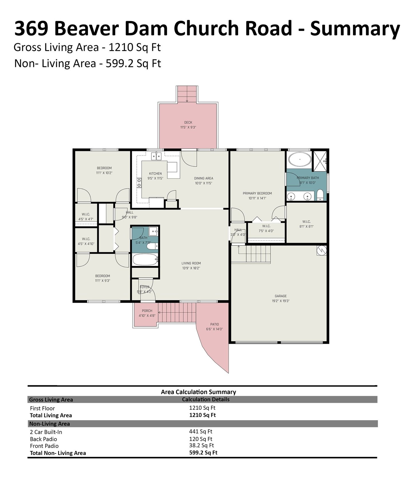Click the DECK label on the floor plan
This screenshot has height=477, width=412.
coord(188,123)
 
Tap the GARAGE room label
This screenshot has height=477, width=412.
coord(281,296)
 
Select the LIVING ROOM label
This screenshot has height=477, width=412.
coord(191,263)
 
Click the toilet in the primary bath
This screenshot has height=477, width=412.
coord(320,195)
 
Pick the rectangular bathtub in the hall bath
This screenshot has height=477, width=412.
coord(145,260)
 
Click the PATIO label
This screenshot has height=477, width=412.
coord(215,324)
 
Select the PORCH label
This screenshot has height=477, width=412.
coord(147,311)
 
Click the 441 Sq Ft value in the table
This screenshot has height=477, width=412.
coord(201,431)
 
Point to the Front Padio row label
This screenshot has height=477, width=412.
coord(44,446)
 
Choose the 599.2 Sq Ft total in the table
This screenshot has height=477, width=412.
coord(203,453)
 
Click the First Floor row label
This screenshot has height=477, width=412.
coord(42,408)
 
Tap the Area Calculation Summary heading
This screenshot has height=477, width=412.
coord(198,392)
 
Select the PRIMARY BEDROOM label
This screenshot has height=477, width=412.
coord(257,193)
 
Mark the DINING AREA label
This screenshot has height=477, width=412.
coord(203,178)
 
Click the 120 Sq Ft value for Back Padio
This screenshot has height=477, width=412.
coord(201,439)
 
